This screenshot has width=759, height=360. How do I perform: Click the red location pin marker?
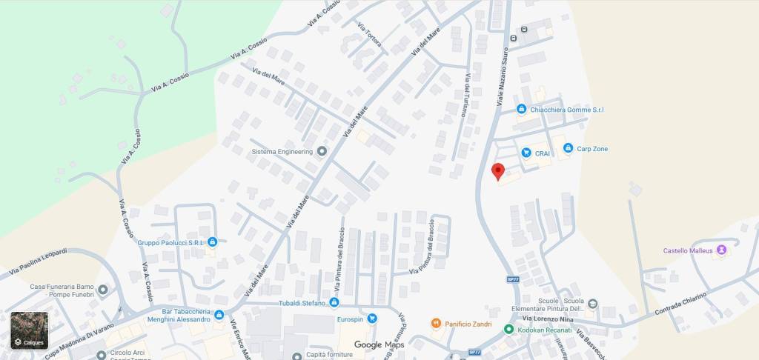coord(498,171)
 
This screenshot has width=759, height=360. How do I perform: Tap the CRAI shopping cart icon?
coord(526,153)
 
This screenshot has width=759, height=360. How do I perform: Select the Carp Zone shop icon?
coord(568,149)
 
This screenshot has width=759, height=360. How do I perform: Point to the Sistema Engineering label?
coord(282,152)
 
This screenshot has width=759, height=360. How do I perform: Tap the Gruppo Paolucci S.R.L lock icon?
coord(213,241)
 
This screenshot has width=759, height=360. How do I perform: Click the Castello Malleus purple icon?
coord(722,250)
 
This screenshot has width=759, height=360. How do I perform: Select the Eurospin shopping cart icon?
coord(372,319)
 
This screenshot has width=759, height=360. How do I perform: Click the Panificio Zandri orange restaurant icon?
coord(436,323)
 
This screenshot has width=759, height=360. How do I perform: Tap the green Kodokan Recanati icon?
coord(508,328)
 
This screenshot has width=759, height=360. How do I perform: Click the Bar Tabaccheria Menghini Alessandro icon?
coord(219,315)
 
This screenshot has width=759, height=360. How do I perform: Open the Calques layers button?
coord(29,330)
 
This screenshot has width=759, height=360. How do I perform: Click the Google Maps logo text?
coord(379,344)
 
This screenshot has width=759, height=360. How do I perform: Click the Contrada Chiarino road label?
coord(680,304)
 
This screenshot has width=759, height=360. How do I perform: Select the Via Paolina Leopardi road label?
coord(38,263)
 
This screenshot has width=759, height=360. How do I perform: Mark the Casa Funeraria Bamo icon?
coord(102,289)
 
